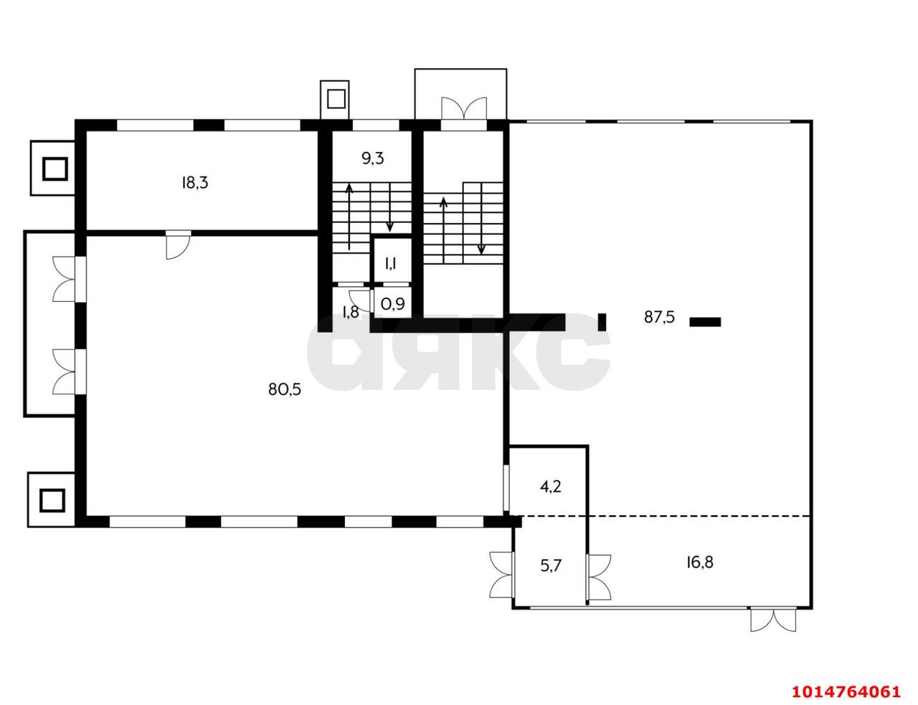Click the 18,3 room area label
pos(194,182)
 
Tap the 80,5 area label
pos(285,389)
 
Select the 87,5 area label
pos(658,317)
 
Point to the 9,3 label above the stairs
pos(372,158)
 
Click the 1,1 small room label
pos(390,263)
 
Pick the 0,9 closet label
pos(392,304)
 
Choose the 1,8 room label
pos(350,311)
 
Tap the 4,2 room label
pos(550,486)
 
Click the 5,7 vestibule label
pos(550,565)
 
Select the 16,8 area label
pos(699,562)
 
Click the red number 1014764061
pos(846,691)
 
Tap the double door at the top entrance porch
pos(463,108)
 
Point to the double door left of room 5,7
pos(502,574)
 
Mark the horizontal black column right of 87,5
pos(705,322)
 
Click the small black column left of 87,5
pos(602,322)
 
